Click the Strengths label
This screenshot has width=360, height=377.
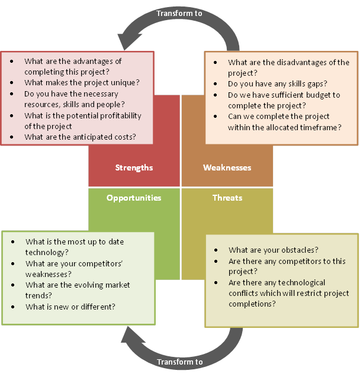134,167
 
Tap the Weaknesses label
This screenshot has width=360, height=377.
227,167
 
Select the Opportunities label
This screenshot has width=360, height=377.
134,198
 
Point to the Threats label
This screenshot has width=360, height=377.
227,198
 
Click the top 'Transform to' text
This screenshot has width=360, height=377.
179,13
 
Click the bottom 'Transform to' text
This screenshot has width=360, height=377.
179,362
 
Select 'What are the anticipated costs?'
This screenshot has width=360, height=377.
80,137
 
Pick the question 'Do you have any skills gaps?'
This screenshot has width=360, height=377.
277,84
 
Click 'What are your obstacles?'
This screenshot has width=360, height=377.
273,250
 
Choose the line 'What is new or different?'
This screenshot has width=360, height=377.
70,307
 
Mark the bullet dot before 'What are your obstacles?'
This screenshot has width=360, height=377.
216,250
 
